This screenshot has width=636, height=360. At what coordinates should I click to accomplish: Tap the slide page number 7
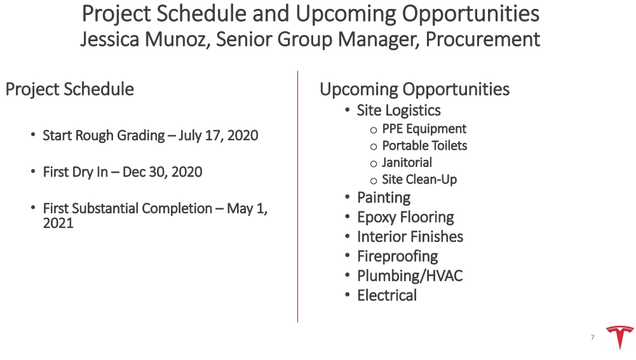[x=593, y=337]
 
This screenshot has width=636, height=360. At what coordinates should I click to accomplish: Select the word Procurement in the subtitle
[x=483, y=40]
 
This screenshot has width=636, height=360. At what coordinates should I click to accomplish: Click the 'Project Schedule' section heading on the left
[x=70, y=90]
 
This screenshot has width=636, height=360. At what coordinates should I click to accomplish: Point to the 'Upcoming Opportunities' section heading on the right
[x=414, y=90]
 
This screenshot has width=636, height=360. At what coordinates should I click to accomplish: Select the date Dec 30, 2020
[x=162, y=172]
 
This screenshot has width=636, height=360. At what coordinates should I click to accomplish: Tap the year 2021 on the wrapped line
[x=58, y=223]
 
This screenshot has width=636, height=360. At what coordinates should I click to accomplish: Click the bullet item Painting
[x=384, y=198]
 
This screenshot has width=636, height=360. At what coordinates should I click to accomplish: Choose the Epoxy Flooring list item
[x=405, y=217]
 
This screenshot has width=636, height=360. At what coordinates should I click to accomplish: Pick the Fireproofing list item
[x=398, y=257]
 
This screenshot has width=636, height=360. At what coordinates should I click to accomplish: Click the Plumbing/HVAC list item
[x=410, y=276]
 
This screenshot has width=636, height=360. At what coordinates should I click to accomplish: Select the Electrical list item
[x=387, y=295]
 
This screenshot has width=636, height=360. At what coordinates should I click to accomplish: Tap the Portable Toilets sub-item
[x=424, y=145]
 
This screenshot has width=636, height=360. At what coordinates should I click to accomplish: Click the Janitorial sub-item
[x=407, y=163]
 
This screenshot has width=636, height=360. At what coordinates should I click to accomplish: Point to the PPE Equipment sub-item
[x=424, y=129]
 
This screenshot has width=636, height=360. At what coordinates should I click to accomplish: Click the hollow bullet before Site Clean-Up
[x=374, y=181]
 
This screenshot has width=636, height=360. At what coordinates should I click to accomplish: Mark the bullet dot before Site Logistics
[x=347, y=109]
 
